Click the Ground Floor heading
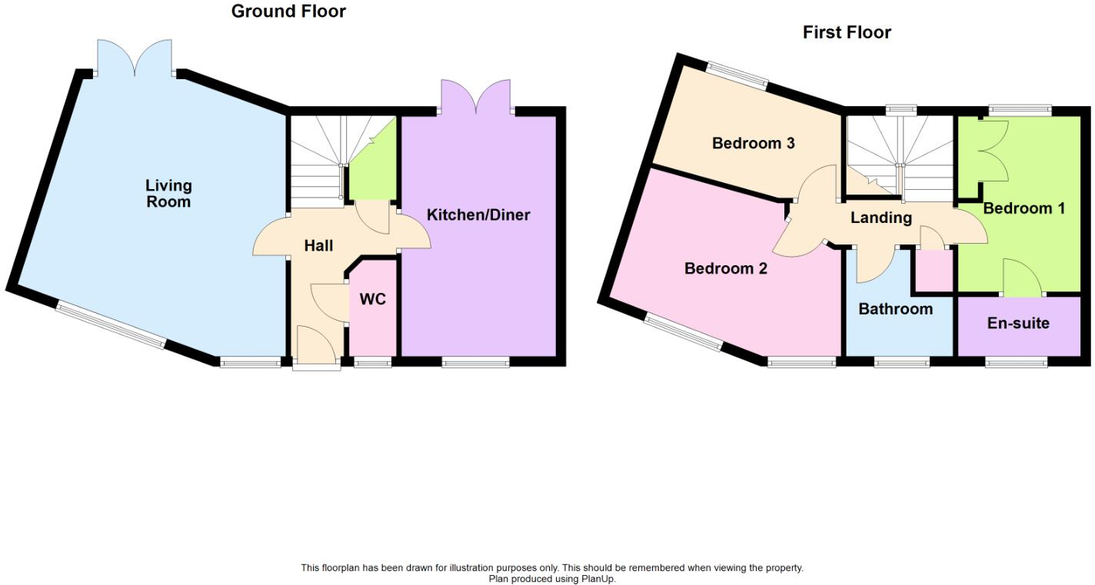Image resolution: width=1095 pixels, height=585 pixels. click(288, 12)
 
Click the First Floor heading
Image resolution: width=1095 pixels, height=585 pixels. click(847, 32)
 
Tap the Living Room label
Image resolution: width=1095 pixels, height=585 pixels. click(168, 193)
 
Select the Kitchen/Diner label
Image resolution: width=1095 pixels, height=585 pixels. click(478, 214)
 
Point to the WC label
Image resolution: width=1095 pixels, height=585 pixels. click(373, 299)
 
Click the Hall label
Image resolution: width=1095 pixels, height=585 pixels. click(318, 246)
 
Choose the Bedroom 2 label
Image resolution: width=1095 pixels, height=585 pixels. click(726, 268)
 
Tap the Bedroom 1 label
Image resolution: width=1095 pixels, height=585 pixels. click(1023, 208)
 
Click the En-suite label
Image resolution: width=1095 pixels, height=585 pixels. click(1018, 323)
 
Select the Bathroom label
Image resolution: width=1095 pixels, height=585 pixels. click(895, 309)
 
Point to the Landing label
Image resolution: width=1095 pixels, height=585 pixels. click(880, 218)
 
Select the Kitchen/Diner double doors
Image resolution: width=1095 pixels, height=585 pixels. click(477, 96)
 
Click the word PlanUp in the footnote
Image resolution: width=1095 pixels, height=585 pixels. click(600, 579)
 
